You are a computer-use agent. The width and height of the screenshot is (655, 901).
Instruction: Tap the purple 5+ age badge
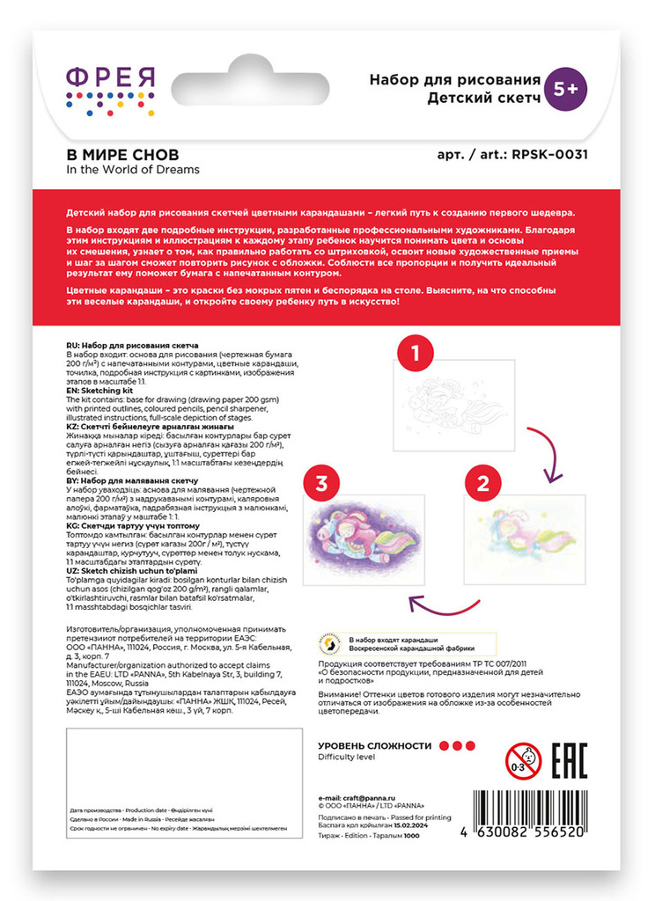pos(566,88)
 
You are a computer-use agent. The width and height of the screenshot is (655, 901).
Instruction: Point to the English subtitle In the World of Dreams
pos(133,170)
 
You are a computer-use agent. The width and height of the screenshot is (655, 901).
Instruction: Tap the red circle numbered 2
pos(483,482)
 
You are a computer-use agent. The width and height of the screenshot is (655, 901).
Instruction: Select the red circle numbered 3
pos(321,482)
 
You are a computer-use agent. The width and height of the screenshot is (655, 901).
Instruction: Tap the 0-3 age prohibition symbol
pos(522,757)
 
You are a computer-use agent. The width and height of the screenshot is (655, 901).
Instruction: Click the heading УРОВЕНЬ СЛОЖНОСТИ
pos(375,745)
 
